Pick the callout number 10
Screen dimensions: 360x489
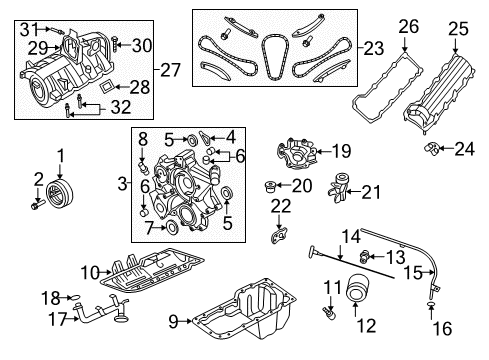[89, 271]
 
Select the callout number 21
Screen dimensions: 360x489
[368, 190]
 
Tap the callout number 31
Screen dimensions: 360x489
[29, 27]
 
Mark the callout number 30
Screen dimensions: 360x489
[143, 44]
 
